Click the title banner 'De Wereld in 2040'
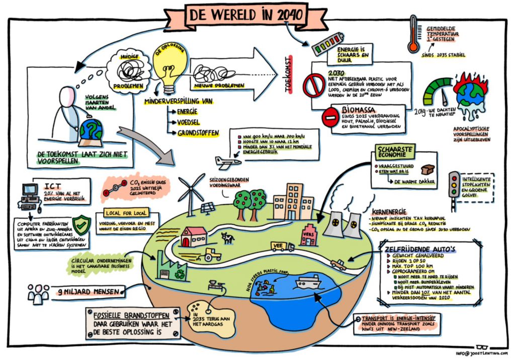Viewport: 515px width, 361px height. click(x=246, y=15)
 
